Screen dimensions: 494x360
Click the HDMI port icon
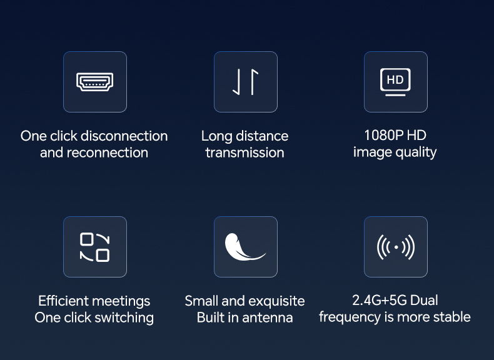(x=95, y=82)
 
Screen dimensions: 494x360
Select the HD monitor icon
(x=395, y=82)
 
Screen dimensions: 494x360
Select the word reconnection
(x=108, y=152)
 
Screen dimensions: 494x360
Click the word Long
(x=217, y=137)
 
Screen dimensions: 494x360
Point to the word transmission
(x=244, y=152)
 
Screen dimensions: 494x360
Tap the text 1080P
(x=384, y=136)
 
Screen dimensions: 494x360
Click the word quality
(x=416, y=152)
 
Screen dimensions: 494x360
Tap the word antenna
(x=268, y=317)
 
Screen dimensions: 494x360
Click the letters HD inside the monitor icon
(x=395, y=79)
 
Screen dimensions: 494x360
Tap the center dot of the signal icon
(x=396, y=247)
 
